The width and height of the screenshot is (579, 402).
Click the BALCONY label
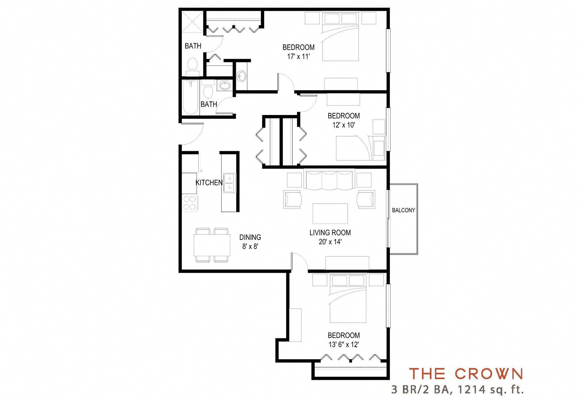tap(403, 210)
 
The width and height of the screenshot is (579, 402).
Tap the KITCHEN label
tap(209, 183)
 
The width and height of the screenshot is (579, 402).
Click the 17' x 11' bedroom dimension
tap(298, 57)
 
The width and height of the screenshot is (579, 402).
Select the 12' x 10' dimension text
tap(344, 125)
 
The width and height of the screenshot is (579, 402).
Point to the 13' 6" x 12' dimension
tap(344, 344)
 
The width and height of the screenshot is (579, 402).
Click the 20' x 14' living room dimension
tap(330, 242)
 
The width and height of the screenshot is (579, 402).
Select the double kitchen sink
tap(229, 183)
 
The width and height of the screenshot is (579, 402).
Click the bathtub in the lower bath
tap(191, 98)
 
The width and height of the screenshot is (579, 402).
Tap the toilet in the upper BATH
tap(192, 65)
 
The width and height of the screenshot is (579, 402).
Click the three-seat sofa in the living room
tap(328, 180)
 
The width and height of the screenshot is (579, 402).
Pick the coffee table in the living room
tap(330, 214)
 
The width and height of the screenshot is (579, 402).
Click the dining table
tap(212, 245)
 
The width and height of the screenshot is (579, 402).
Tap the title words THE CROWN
tap(466, 374)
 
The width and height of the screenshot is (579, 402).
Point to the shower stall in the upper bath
tap(192, 22)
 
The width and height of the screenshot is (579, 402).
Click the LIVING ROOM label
tap(330, 232)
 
